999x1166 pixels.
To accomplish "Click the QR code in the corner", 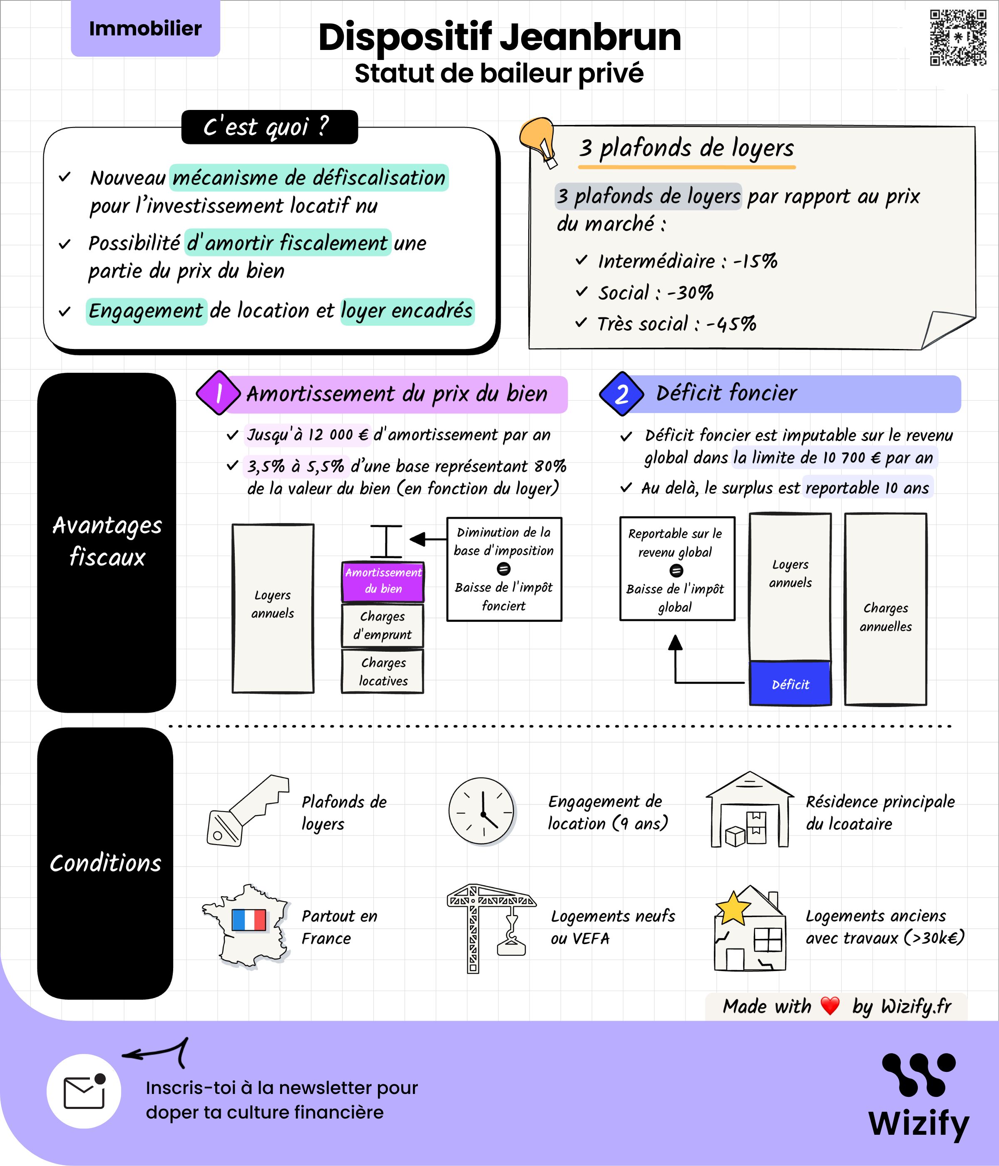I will coord(957,38).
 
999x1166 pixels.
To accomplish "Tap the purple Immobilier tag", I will coord(145,28).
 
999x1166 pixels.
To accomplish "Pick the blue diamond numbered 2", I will coord(621,394).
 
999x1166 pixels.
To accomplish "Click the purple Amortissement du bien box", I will coord(383,581).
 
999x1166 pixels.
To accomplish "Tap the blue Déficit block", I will coord(790,684).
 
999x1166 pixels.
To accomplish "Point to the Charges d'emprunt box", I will coord(383,625).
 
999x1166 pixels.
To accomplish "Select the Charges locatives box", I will coord(383,671).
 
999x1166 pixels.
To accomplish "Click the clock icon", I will coord(482,811).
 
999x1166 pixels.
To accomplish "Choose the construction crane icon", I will coord(490,927).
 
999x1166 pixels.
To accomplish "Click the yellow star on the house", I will coord(733,908).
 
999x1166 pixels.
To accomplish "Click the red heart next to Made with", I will coord(830,1006).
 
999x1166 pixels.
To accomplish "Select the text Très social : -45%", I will coord(676,324).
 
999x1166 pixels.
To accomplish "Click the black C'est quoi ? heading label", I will coord(269,127).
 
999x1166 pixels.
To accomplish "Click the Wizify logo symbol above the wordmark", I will coord(919,1074).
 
